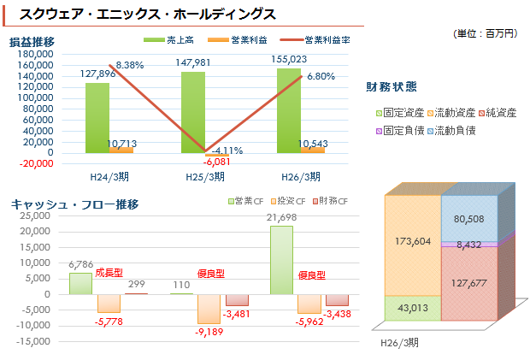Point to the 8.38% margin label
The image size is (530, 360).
(129, 65)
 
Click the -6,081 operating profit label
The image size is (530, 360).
(215, 161)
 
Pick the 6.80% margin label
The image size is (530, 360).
(321, 76)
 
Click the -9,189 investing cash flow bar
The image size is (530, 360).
(209, 308)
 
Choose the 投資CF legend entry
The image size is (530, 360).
(288, 201)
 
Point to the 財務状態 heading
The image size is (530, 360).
(392, 86)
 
